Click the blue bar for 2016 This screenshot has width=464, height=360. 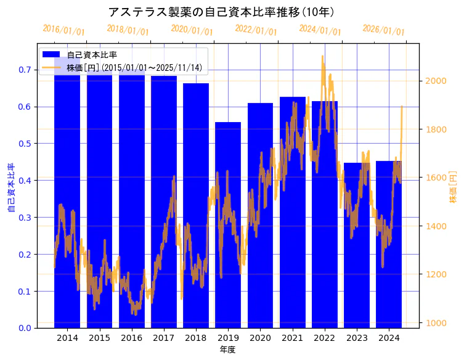132,197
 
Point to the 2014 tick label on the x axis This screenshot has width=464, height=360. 67,338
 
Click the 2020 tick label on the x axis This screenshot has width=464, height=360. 260,338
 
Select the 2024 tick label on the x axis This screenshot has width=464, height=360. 389,338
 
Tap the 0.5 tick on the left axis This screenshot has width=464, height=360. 25,144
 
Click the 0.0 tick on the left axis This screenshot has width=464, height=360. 25,328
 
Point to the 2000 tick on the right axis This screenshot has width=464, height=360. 436,81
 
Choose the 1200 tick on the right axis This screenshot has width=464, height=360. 436,274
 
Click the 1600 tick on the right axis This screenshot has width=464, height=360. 436,178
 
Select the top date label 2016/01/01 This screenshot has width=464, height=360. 63,30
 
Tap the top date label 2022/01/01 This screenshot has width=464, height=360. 256,30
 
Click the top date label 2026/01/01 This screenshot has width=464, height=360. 383,30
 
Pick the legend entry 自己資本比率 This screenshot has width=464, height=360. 92,55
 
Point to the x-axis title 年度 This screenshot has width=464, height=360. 227,350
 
